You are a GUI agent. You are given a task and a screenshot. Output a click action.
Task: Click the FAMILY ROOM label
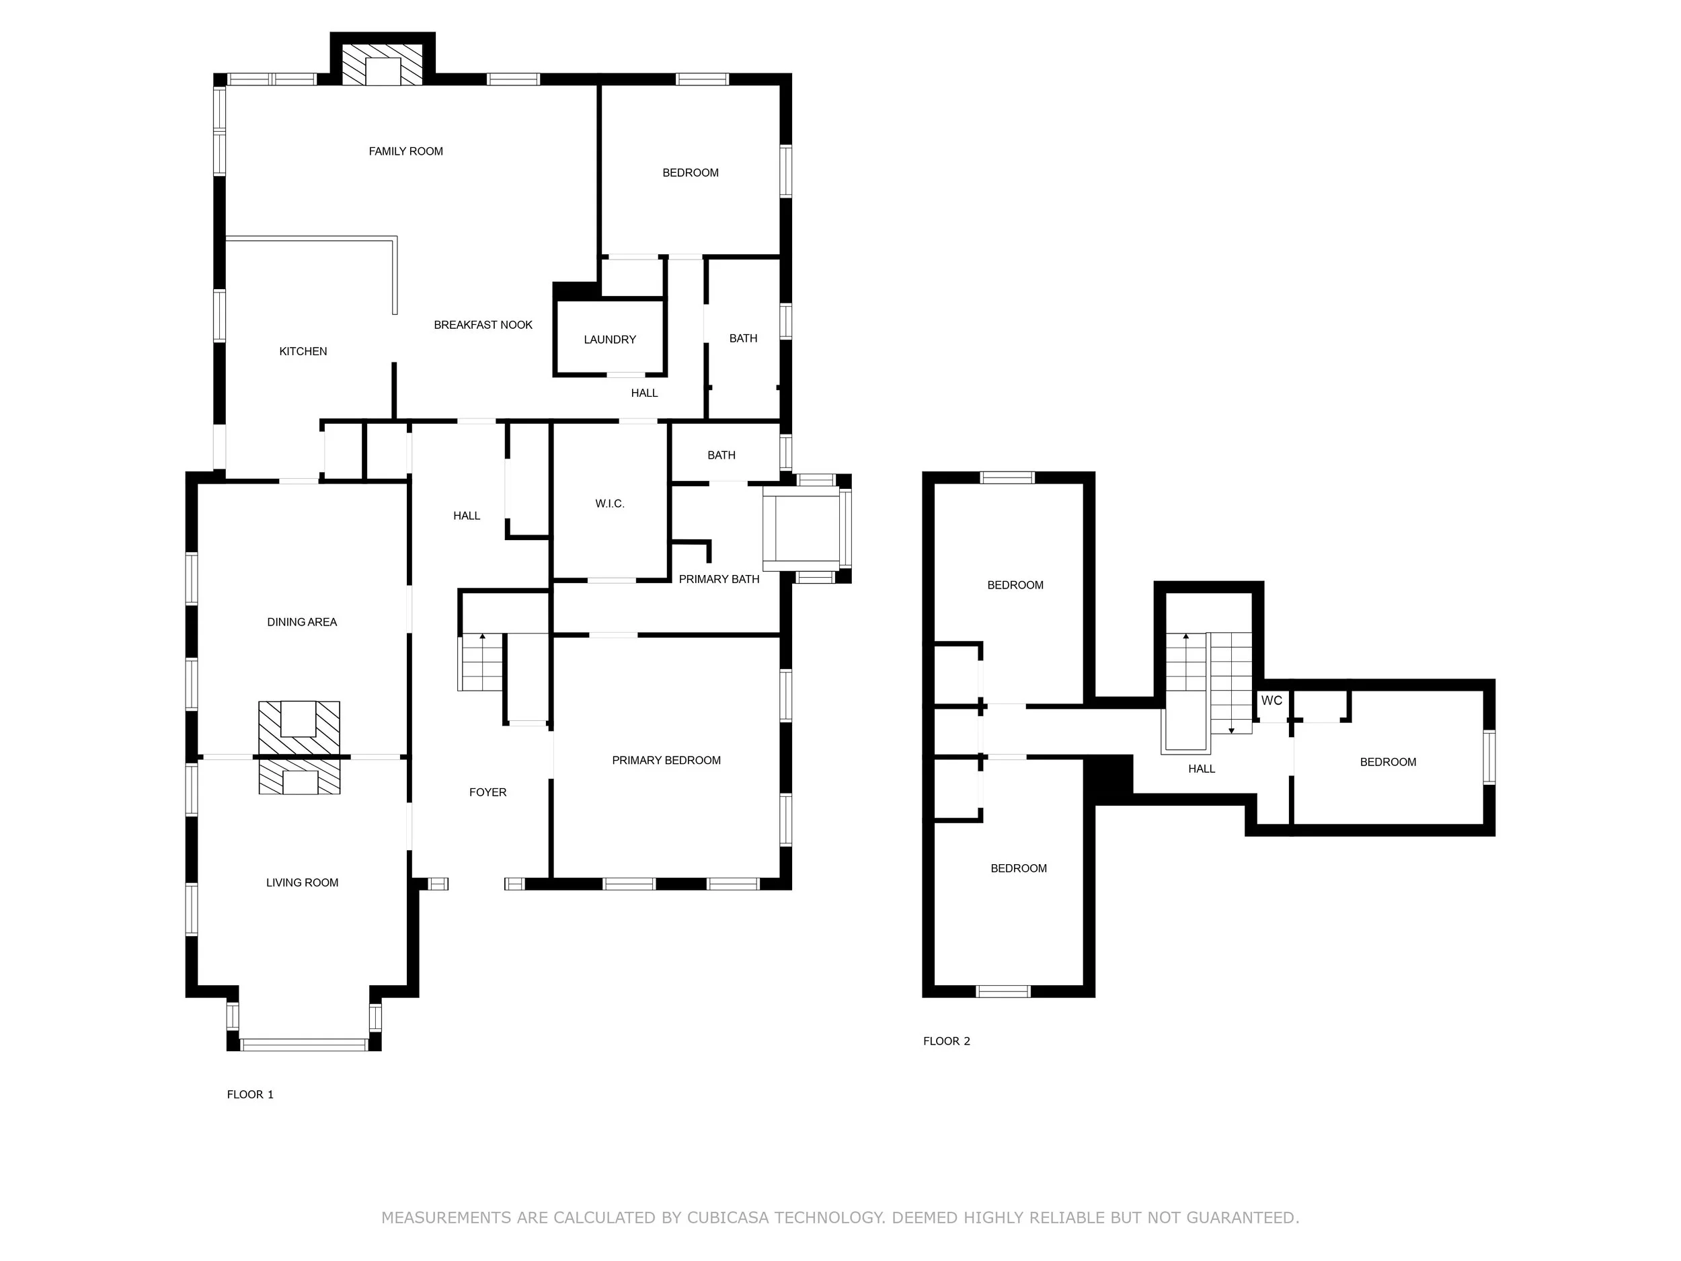point(406,151)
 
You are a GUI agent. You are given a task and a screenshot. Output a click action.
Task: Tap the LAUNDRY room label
point(609,340)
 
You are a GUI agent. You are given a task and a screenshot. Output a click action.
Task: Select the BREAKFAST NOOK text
point(483,325)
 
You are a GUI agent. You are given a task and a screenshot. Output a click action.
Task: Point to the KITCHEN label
point(303,351)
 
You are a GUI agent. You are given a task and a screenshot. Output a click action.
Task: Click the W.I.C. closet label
point(609,503)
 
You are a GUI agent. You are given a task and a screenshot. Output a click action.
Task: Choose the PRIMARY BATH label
point(718,579)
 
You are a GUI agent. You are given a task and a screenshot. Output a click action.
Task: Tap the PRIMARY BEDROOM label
point(666,760)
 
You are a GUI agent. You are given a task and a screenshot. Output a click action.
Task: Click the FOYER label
point(487,792)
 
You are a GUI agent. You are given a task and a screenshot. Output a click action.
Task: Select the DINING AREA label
point(302,622)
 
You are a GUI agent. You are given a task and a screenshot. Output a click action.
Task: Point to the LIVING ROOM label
point(302,882)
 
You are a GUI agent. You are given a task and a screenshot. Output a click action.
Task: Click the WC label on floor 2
point(1272,700)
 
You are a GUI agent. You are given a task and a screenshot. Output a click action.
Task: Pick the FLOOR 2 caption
point(946,1041)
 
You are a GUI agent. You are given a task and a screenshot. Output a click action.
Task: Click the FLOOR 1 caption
point(250,1094)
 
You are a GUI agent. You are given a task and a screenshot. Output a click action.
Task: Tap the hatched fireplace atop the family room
point(382,65)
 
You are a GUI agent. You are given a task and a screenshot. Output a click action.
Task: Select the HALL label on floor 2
point(1202,769)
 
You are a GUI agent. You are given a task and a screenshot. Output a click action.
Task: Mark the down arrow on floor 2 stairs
point(1231,730)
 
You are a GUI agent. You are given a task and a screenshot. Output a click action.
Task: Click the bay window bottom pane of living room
point(304,1044)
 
